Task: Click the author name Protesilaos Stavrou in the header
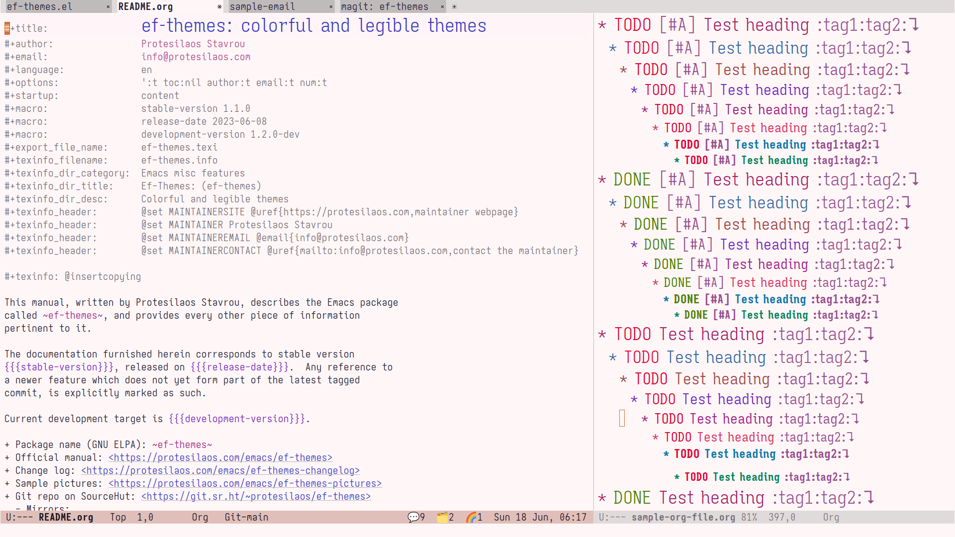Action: [193, 44]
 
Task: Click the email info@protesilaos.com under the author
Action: [196, 57]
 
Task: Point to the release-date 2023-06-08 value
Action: [204, 121]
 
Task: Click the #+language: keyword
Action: [34, 70]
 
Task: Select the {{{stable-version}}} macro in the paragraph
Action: [59, 367]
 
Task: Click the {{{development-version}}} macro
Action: [237, 419]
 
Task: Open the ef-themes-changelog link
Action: [220, 470]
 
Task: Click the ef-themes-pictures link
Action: [245, 483]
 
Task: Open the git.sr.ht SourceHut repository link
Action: [256, 496]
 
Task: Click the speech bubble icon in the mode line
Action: [413, 517]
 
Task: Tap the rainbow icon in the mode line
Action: [471, 517]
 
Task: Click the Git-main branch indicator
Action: [246, 517]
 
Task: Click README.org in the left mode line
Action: [66, 517]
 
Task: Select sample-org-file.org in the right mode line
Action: [683, 517]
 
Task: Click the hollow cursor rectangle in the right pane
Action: [622, 418]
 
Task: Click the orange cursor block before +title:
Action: [7, 28]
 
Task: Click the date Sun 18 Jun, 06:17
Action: [540, 517]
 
